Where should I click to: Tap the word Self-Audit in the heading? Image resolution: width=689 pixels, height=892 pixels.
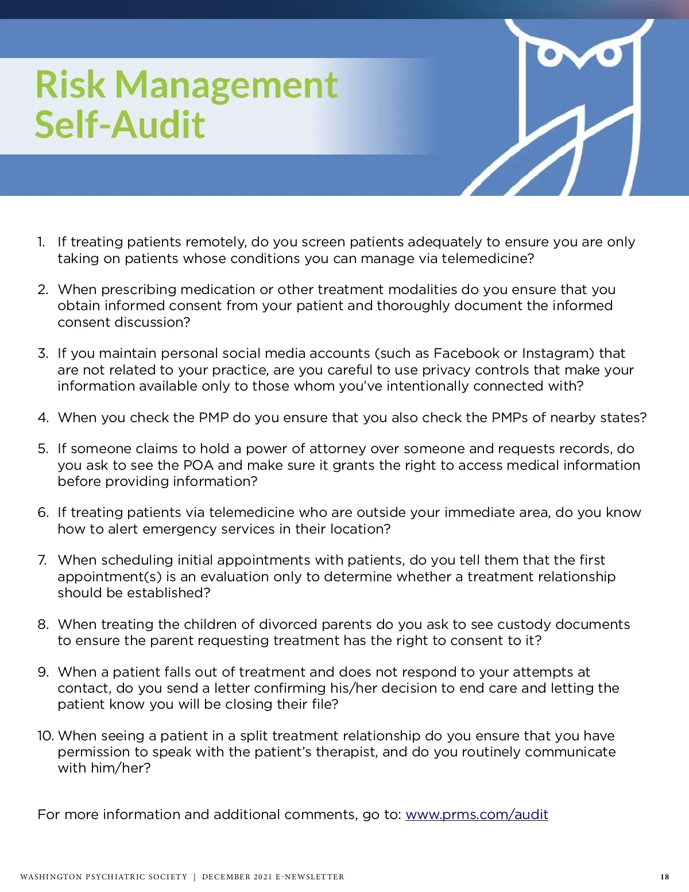(x=120, y=125)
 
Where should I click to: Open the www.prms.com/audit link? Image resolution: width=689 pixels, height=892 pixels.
(x=477, y=814)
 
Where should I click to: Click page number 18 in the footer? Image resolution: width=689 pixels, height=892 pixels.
(x=664, y=877)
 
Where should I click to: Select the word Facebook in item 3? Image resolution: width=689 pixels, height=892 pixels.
(x=467, y=353)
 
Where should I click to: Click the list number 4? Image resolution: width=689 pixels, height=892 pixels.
(x=43, y=418)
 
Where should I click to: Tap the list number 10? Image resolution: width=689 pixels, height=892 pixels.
(x=45, y=736)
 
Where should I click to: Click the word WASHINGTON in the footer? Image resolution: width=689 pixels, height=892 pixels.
(x=51, y=877)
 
